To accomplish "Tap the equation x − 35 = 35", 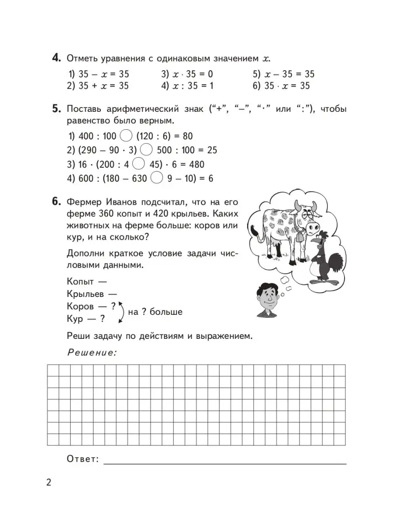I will (x=283, y=74).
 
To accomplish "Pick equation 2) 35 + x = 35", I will (x=98, y=86).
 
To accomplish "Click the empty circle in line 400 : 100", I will (x=126, y=136).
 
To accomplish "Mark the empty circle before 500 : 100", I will (x=147, y=150).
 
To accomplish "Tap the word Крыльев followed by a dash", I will (x=86, y=294).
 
